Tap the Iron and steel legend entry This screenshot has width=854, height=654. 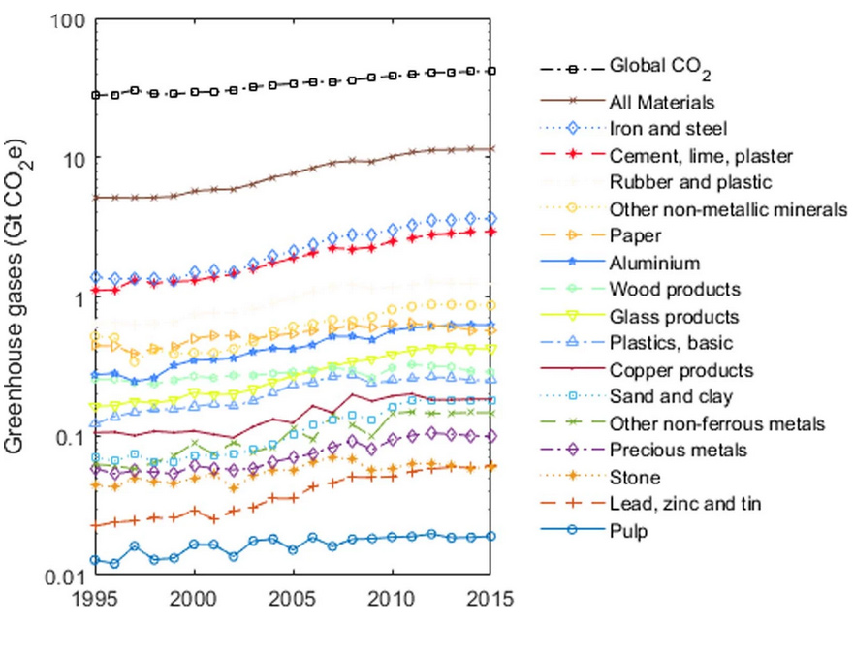point(655,127)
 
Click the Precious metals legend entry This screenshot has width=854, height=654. point(665,451)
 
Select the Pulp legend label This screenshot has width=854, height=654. point(628,531)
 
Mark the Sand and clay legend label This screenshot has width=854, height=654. point(657,396)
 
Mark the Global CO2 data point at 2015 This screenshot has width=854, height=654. point(490,71)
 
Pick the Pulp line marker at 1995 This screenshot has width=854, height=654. point(95,560)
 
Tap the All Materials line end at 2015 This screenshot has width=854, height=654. point(490,149)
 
